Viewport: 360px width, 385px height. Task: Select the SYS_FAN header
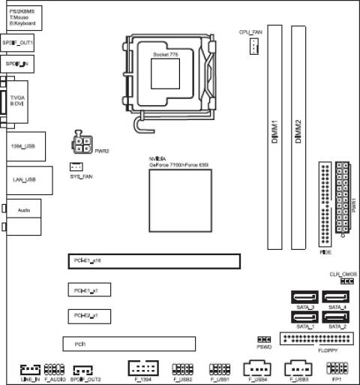76,166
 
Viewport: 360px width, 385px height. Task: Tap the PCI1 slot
128,344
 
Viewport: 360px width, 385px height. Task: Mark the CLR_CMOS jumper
346,281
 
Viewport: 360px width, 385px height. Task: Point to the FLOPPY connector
315,339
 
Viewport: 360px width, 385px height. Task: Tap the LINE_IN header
29,370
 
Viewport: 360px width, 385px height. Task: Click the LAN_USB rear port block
26,181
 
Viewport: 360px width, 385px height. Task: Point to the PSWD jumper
263,339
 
